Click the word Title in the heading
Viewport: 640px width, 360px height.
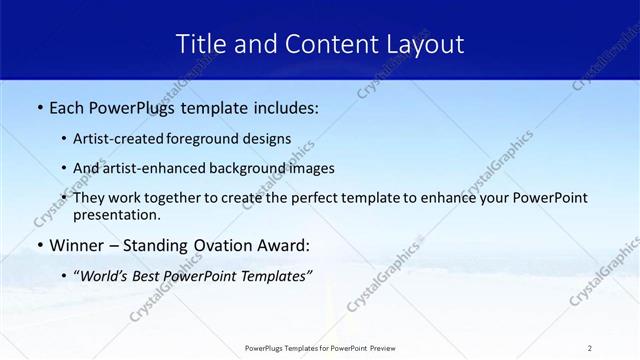201,43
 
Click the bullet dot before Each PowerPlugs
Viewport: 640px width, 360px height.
38,108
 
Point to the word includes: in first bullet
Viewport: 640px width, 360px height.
285,108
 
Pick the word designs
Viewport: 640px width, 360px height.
266,139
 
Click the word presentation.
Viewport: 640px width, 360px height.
116,214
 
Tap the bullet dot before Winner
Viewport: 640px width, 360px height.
38,245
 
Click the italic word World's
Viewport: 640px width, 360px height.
107,275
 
